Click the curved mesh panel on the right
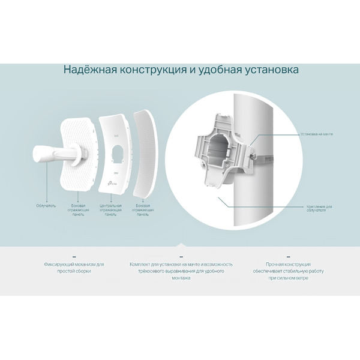pos(144,153)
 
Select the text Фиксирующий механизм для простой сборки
pos(74,268)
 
